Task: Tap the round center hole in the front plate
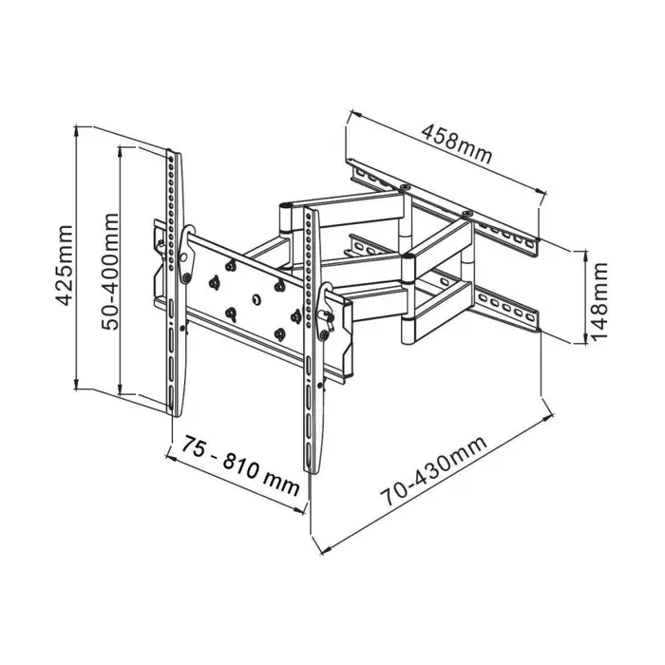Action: click(255, 297)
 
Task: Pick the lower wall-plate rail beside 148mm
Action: click(503, 306)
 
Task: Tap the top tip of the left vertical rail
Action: click(172, 153)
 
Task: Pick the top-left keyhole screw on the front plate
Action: click(215, 279)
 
